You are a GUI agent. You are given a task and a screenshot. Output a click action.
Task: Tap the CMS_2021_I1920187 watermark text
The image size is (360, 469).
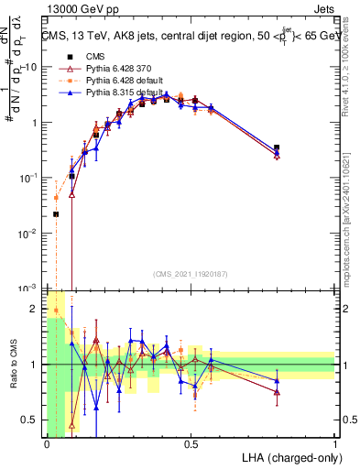[x=191, y=274]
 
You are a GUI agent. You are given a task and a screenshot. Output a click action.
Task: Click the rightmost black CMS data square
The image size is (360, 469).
[x=277, y=147]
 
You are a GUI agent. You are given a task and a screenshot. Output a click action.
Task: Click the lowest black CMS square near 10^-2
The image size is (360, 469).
[x=56, y=214]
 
